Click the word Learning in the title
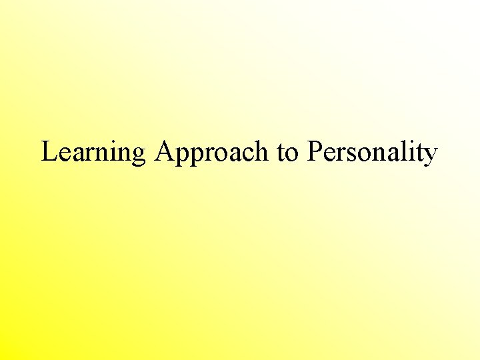tap(93, 153)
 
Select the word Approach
tap(211, 153)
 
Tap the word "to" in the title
tap(288, 153)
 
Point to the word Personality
tap(372, 153)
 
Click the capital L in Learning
tap(49, 151)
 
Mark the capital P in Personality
tap(315, 151)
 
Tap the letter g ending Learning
tap(138, 155)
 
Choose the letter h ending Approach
tap(262, 151)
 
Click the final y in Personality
tap(430, 155)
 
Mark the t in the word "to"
tap(281, 153)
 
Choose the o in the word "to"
tap(292, 154)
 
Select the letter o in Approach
tap(217, 154)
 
